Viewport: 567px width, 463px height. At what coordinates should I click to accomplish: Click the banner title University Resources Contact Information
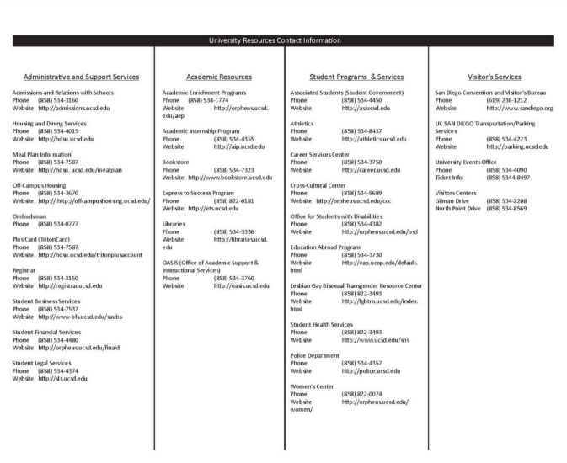click(x=283, y=40)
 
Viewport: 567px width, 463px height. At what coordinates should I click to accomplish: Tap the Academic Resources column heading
click(x=218, y=77)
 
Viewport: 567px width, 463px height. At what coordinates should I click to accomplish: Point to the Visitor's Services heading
click(x=495, y=77)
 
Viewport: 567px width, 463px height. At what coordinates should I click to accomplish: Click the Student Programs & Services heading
click(x=356, y=77)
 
